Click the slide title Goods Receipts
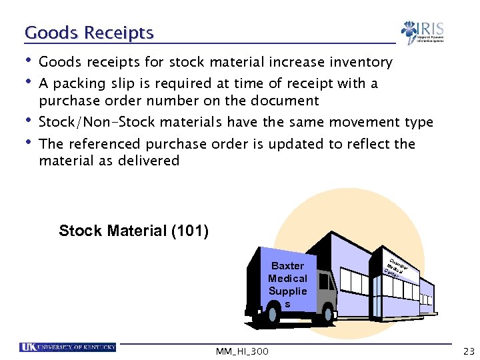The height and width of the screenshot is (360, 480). (89, 33)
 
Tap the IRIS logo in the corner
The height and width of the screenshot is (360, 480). (423, 32)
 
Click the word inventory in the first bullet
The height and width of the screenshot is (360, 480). (359, 63)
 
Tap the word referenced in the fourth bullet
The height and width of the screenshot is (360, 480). (103, 144)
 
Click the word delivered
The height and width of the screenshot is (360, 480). (149, 161)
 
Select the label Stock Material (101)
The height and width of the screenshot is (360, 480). (133, 231)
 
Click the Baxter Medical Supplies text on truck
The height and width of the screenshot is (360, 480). (287, 285)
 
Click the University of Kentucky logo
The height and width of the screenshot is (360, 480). (68, 347)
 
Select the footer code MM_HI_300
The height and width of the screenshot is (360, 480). (242, 351)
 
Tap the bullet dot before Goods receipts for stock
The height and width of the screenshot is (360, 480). (27, 61)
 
